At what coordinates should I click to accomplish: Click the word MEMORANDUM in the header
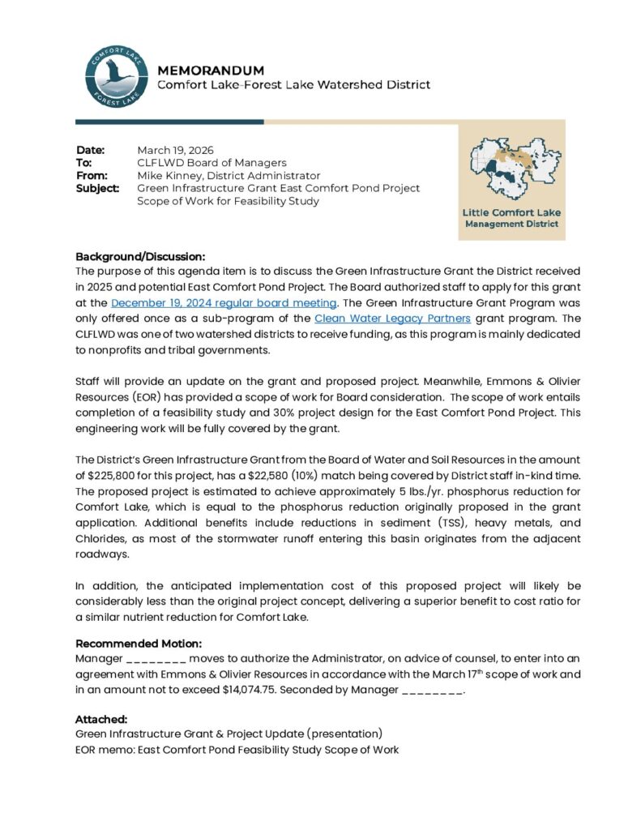210,71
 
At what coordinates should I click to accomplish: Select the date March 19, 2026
175,150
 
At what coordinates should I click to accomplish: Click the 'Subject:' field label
98,188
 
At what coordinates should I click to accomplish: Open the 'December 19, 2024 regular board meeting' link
224,303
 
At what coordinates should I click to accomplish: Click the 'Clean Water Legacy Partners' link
392,317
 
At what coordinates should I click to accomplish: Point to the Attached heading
101,718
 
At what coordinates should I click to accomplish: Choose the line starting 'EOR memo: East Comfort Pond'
237,750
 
